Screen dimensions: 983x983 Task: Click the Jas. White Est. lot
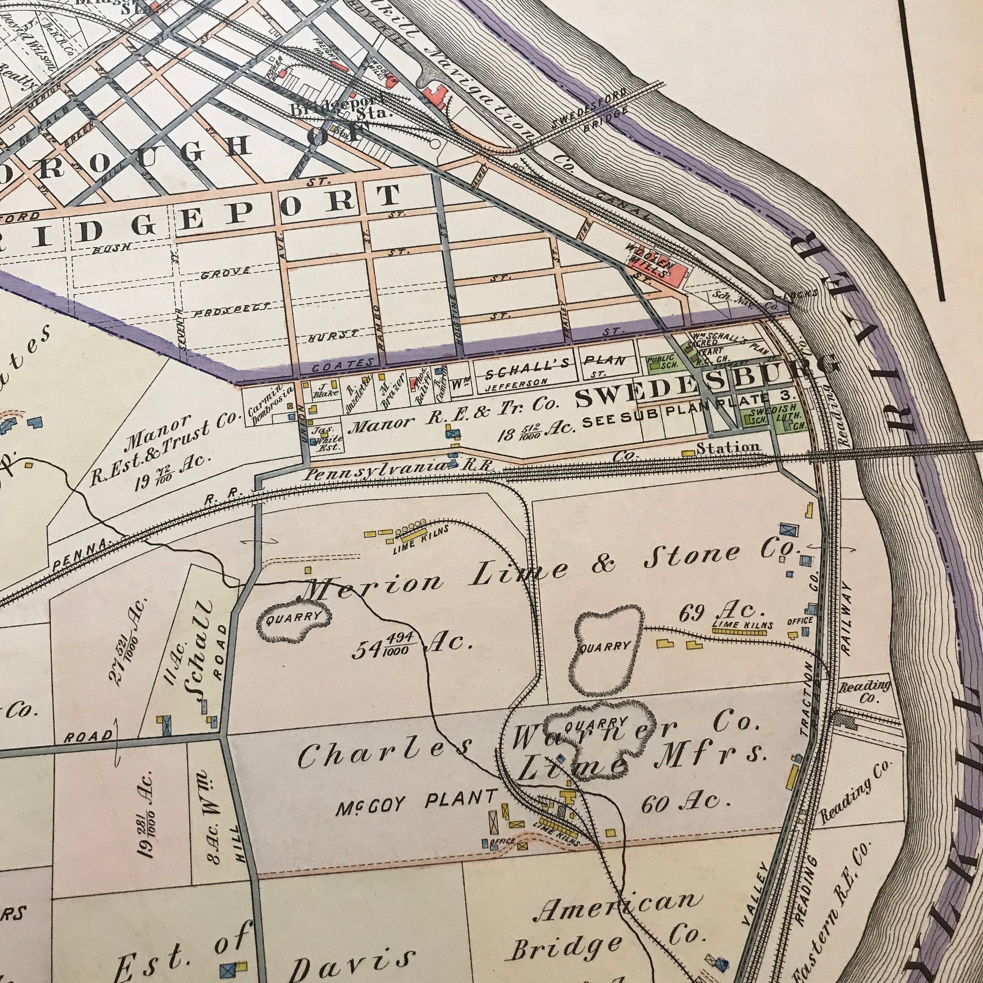coord(324,439)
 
